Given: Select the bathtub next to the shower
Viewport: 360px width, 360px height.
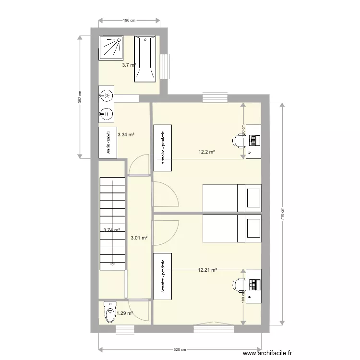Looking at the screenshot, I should pyautogui.click(x=145, y=58).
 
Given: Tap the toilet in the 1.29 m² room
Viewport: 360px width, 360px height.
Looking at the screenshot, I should pyautogui.click(x=110, y=312).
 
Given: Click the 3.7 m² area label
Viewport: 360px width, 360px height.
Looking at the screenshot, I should pyautogui.click(x=129, y=65).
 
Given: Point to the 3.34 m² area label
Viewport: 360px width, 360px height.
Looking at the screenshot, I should pyautogui.click(x=126, y=135).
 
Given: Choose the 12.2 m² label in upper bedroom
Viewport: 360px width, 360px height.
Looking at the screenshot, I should pyautogui.click(x=206, y=152).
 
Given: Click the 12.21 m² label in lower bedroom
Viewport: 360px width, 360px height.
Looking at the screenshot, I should pyautogui.click(x=207, y=270).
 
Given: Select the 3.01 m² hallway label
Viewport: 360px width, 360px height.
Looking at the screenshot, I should pyautogui.click(x=139, y=237).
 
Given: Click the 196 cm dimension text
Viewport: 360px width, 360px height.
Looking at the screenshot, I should pyautogui.click(x=130, y=20).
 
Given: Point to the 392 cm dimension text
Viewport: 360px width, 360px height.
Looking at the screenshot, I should pyautogui.click(x=80, y=97).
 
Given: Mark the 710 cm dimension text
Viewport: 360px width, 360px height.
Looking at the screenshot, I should pyautogui.click(x=283, y=213).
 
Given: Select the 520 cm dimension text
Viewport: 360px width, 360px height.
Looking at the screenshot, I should pyautogui.click(x=180, y=350).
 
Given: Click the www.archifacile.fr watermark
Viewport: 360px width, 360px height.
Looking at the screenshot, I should pyautogui.click(x=268, y=353).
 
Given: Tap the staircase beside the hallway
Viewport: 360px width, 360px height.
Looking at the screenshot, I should pyautogui.click(x=112, y=224).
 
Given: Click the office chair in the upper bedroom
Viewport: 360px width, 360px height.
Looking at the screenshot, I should pyautogui.click(x=239, y=140).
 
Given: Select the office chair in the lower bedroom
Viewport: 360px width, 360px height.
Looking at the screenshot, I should pyautogui.click(x=239, y=285).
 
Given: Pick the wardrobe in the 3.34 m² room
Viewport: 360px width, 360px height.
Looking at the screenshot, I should pyautogui.click(x=107, y=142).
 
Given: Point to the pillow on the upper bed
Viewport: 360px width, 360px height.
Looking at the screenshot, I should pyautogui.click(x=253, y=197).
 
